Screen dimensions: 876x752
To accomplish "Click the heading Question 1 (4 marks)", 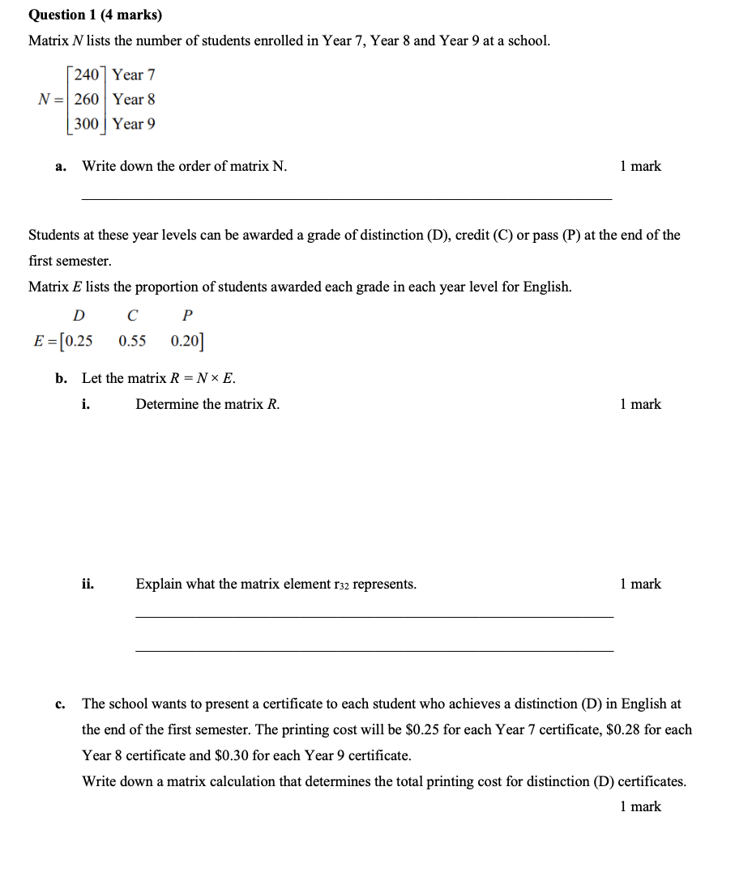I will (x=95, y=15).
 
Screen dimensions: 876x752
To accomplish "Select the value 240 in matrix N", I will (x=86, y=74).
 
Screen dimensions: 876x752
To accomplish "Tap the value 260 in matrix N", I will (x=86, y=100).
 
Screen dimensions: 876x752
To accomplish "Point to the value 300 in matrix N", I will (x=86, y=124).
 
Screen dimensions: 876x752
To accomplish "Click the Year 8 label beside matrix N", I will (x=134, y=100).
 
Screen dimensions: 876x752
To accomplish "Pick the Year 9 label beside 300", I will (x=134, y=124).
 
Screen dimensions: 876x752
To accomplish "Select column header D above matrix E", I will (x=79, y=314).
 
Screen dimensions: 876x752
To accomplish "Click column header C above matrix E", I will (x=133, y=314).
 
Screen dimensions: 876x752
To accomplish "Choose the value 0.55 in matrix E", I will (x=132, y=340).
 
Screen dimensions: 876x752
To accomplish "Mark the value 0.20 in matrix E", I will (x=185, y=340).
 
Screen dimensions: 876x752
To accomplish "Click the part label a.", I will (x=61, y=167).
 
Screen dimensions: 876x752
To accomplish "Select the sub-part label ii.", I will (x=88, y=584).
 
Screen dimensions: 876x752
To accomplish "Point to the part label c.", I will (x=61, y=704).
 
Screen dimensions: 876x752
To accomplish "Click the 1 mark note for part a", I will (x=639, y=166).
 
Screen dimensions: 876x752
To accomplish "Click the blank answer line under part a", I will (x=347, y=198).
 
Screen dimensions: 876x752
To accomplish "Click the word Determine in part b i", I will (x=166, y=404).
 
